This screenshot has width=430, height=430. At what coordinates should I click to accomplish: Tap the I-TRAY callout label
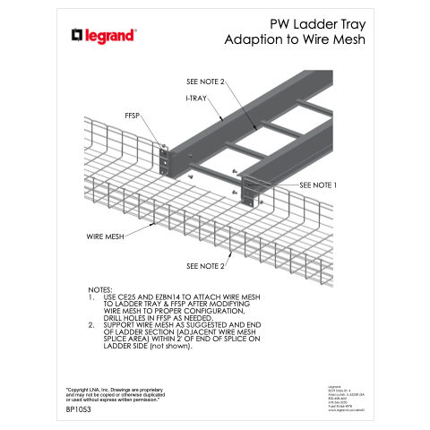198,96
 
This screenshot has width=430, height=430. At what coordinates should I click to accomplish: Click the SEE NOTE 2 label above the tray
200,82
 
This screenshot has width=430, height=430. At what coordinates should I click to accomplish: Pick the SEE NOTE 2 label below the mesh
206,266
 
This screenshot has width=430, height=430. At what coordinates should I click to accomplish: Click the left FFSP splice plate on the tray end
165,159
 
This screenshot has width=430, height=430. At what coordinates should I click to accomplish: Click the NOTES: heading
100,289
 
